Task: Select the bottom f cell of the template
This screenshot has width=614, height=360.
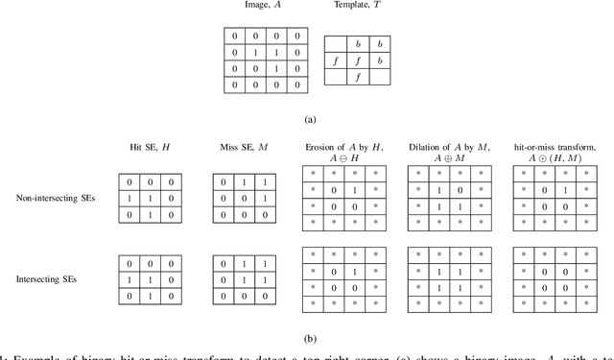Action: point(357,79)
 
